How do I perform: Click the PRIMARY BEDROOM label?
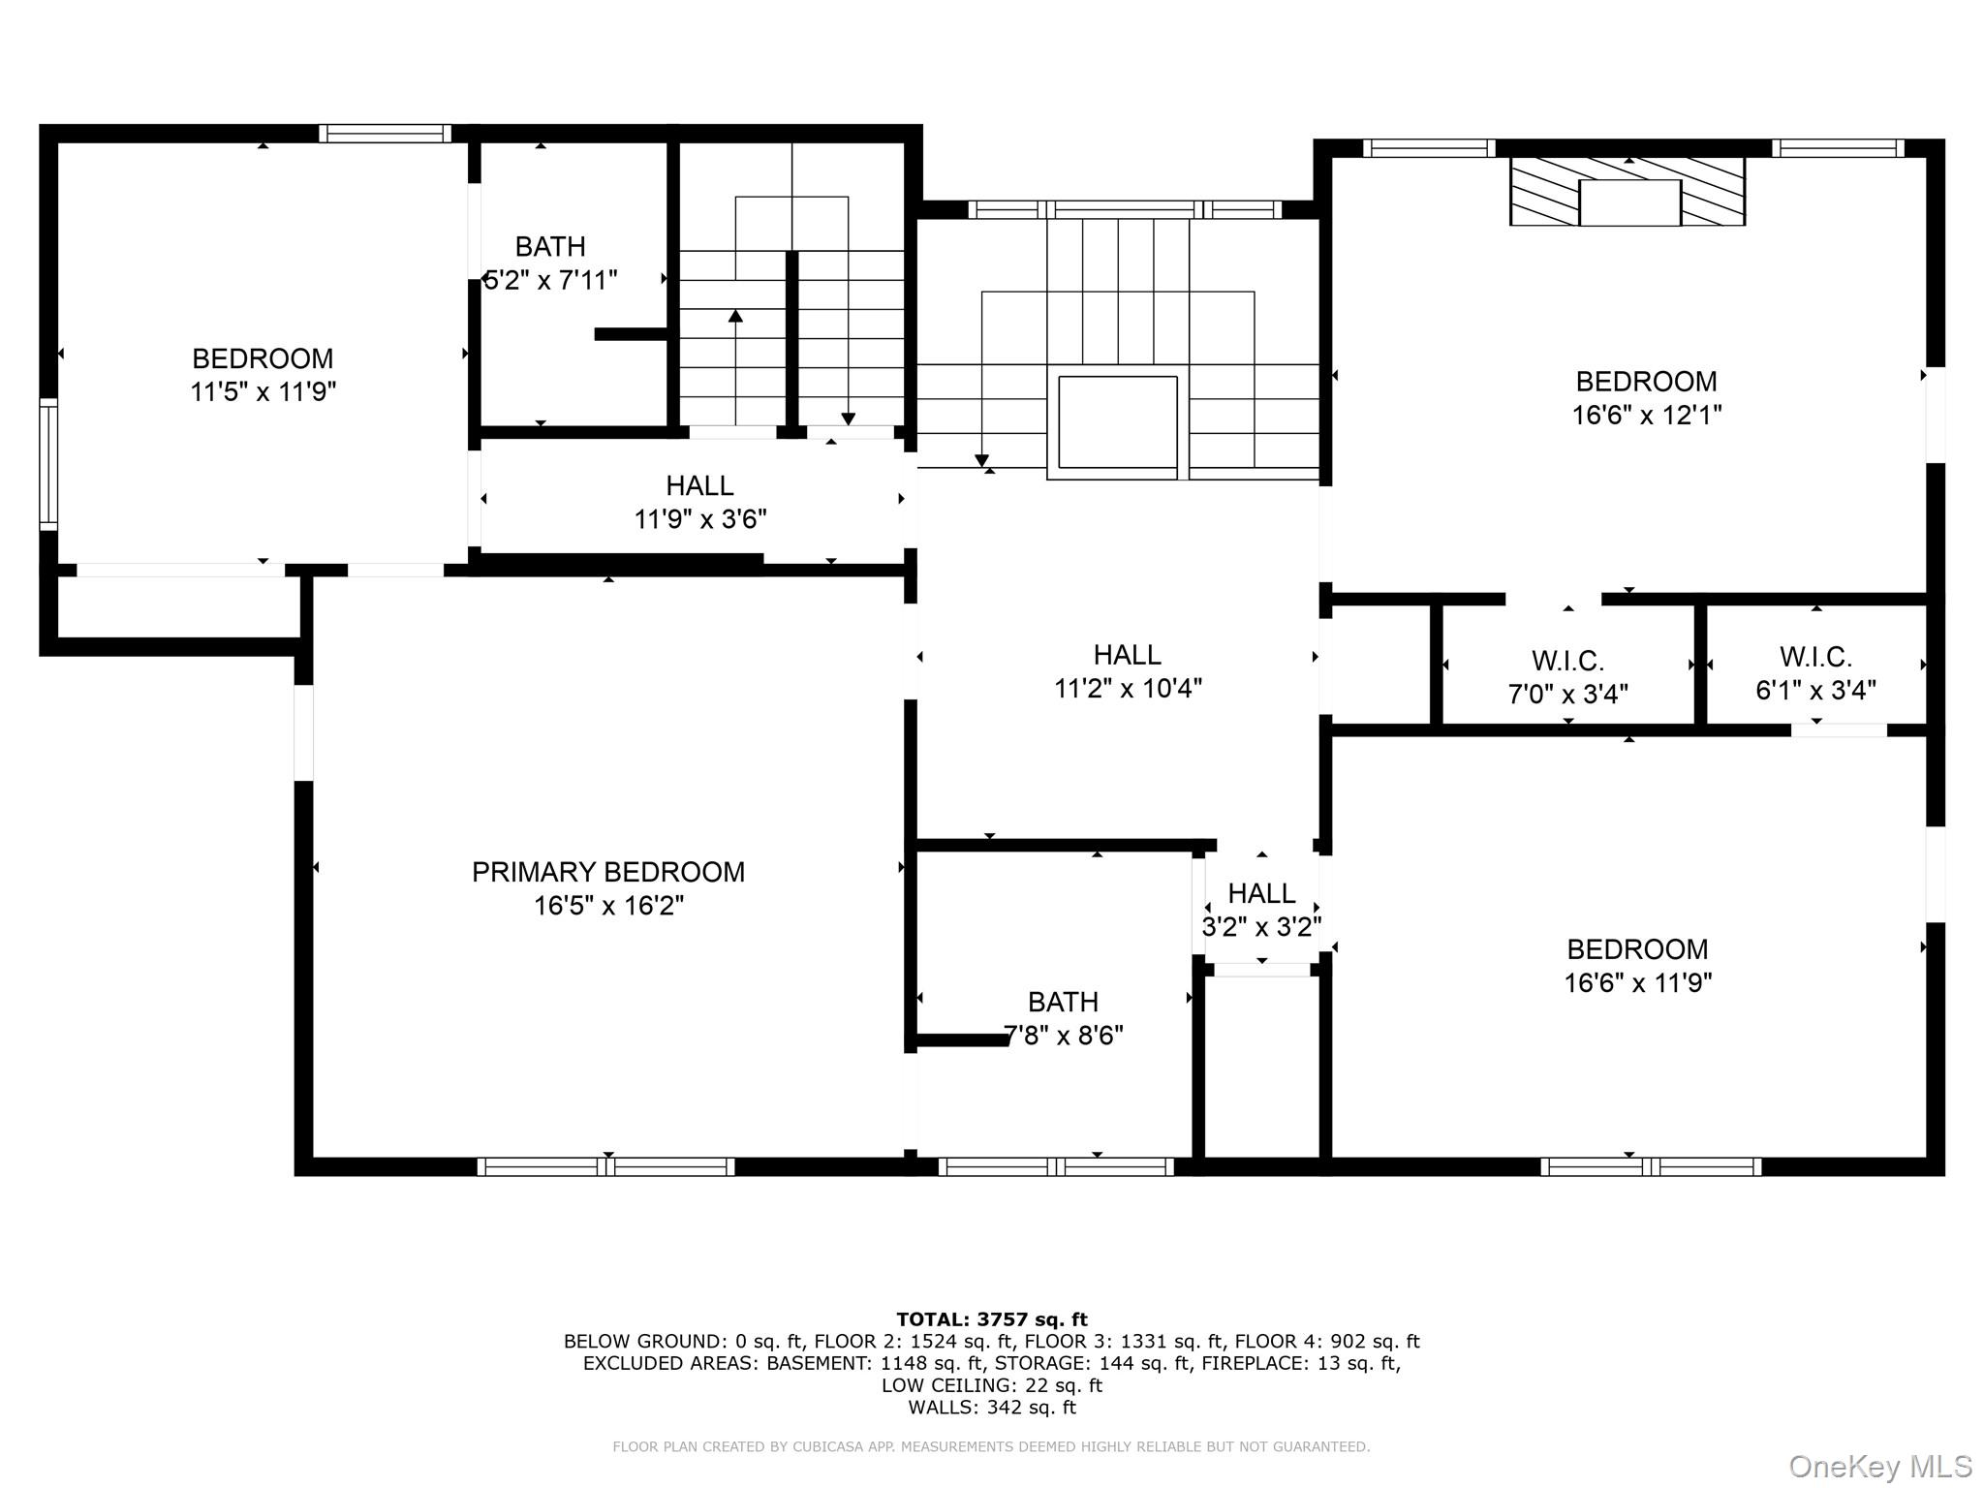pyautogui.click(x=607, y=872)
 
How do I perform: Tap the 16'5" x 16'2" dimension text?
pyautogui.click(x=607, y=906)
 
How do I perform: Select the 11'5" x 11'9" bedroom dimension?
pyautogui.click(x=263, y=392)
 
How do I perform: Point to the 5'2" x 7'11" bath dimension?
pyautogui.click(x=550, y=281)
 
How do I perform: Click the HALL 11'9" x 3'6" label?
pyautogui.click(x=699, y=502)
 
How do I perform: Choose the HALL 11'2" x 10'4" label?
pyautogui.click(x=1128, y=671)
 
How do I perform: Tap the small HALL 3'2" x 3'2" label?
pyautogui.click(x=1261, y=910)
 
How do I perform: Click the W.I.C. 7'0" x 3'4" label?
pyautogui.click(x=1567, y=677)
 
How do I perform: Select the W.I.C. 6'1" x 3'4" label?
pyautogui.click(x=1815, y=673)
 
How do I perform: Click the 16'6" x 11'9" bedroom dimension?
pyautogui.click(x=1637, y=983)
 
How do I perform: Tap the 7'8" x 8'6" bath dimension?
pyautogui.click(x=1063, y=1036)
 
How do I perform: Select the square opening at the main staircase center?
pyautogui.click(x=1117, y=422)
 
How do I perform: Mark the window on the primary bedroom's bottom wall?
pyautogui.click(x=606, y=1166)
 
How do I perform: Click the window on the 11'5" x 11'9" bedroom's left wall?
pyautogui.click(x=47, y=464)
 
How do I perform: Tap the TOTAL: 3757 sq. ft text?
pyautogui.click(x=991, y=1319)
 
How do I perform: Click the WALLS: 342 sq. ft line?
pyautogui.click(x=991, y=1408)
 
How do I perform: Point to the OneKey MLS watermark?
pyautogui.click(x=1879, y=1467)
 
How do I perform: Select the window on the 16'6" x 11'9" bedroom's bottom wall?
pyautogui.click(x=1650, y=1166)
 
